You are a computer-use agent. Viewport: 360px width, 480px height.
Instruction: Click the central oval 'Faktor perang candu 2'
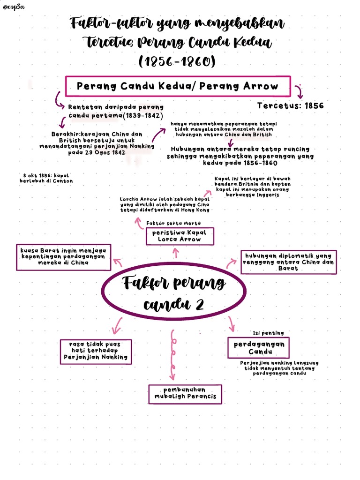(174, 293)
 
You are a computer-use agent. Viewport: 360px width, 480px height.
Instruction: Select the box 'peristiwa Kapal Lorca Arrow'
(180, 236)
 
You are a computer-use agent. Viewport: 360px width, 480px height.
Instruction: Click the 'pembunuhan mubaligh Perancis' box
(185, 393)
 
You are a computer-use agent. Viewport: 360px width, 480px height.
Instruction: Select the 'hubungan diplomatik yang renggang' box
(288, 262)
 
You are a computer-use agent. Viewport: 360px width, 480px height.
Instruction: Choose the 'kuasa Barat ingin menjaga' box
(64, 257)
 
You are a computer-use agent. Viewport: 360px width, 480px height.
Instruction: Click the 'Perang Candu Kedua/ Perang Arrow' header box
(178, 86)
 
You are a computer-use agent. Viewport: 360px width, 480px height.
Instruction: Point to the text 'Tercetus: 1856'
(291, 106)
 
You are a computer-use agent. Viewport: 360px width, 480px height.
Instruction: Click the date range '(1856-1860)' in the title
(177, 61)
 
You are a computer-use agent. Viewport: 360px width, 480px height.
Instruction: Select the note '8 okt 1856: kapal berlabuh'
(46, 178)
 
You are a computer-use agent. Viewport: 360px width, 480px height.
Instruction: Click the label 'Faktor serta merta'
(173, 223)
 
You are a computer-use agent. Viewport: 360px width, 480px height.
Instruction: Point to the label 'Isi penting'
(268, 333)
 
